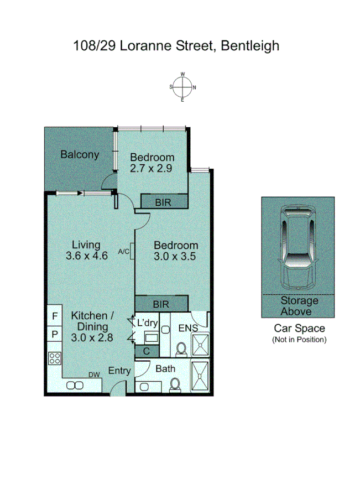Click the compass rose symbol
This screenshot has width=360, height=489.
[x=182, y=87]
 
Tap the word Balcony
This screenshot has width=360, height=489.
[x=80, y=154]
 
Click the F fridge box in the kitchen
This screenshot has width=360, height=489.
[x=54, y=316]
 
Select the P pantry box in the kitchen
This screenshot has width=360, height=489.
[x=54, y=334]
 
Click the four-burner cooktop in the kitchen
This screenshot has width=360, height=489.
[x=55, y=358]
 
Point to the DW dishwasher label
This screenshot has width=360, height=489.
[x=95, y=374]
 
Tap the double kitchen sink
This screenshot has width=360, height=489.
[x=74, y=386]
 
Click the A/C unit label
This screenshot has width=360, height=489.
[x=124, y=252]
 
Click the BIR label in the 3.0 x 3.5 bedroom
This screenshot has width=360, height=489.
[x=161, y=304]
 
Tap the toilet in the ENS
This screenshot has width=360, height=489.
[x=180, y=348]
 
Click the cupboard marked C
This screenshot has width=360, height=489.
[x=147, y=350]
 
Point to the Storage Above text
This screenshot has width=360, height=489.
[x=299, y=306]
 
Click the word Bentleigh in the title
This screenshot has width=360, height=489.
[x=250, y=45]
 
